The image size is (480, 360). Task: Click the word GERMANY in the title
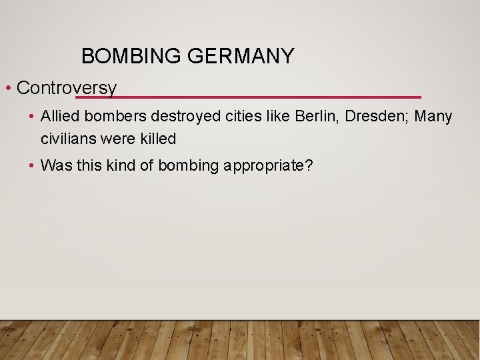pos(241,57)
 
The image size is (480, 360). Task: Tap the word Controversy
pos(67,87)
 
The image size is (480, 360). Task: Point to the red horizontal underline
pos(267,97)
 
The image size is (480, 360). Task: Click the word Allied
pos(59,117)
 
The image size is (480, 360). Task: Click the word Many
pos(433,117)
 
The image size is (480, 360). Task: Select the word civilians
pos(68,139)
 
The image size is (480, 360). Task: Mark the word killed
pos(157,139)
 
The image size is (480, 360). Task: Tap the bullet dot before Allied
pos(32,117)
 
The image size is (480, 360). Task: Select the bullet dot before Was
pos(32,166)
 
